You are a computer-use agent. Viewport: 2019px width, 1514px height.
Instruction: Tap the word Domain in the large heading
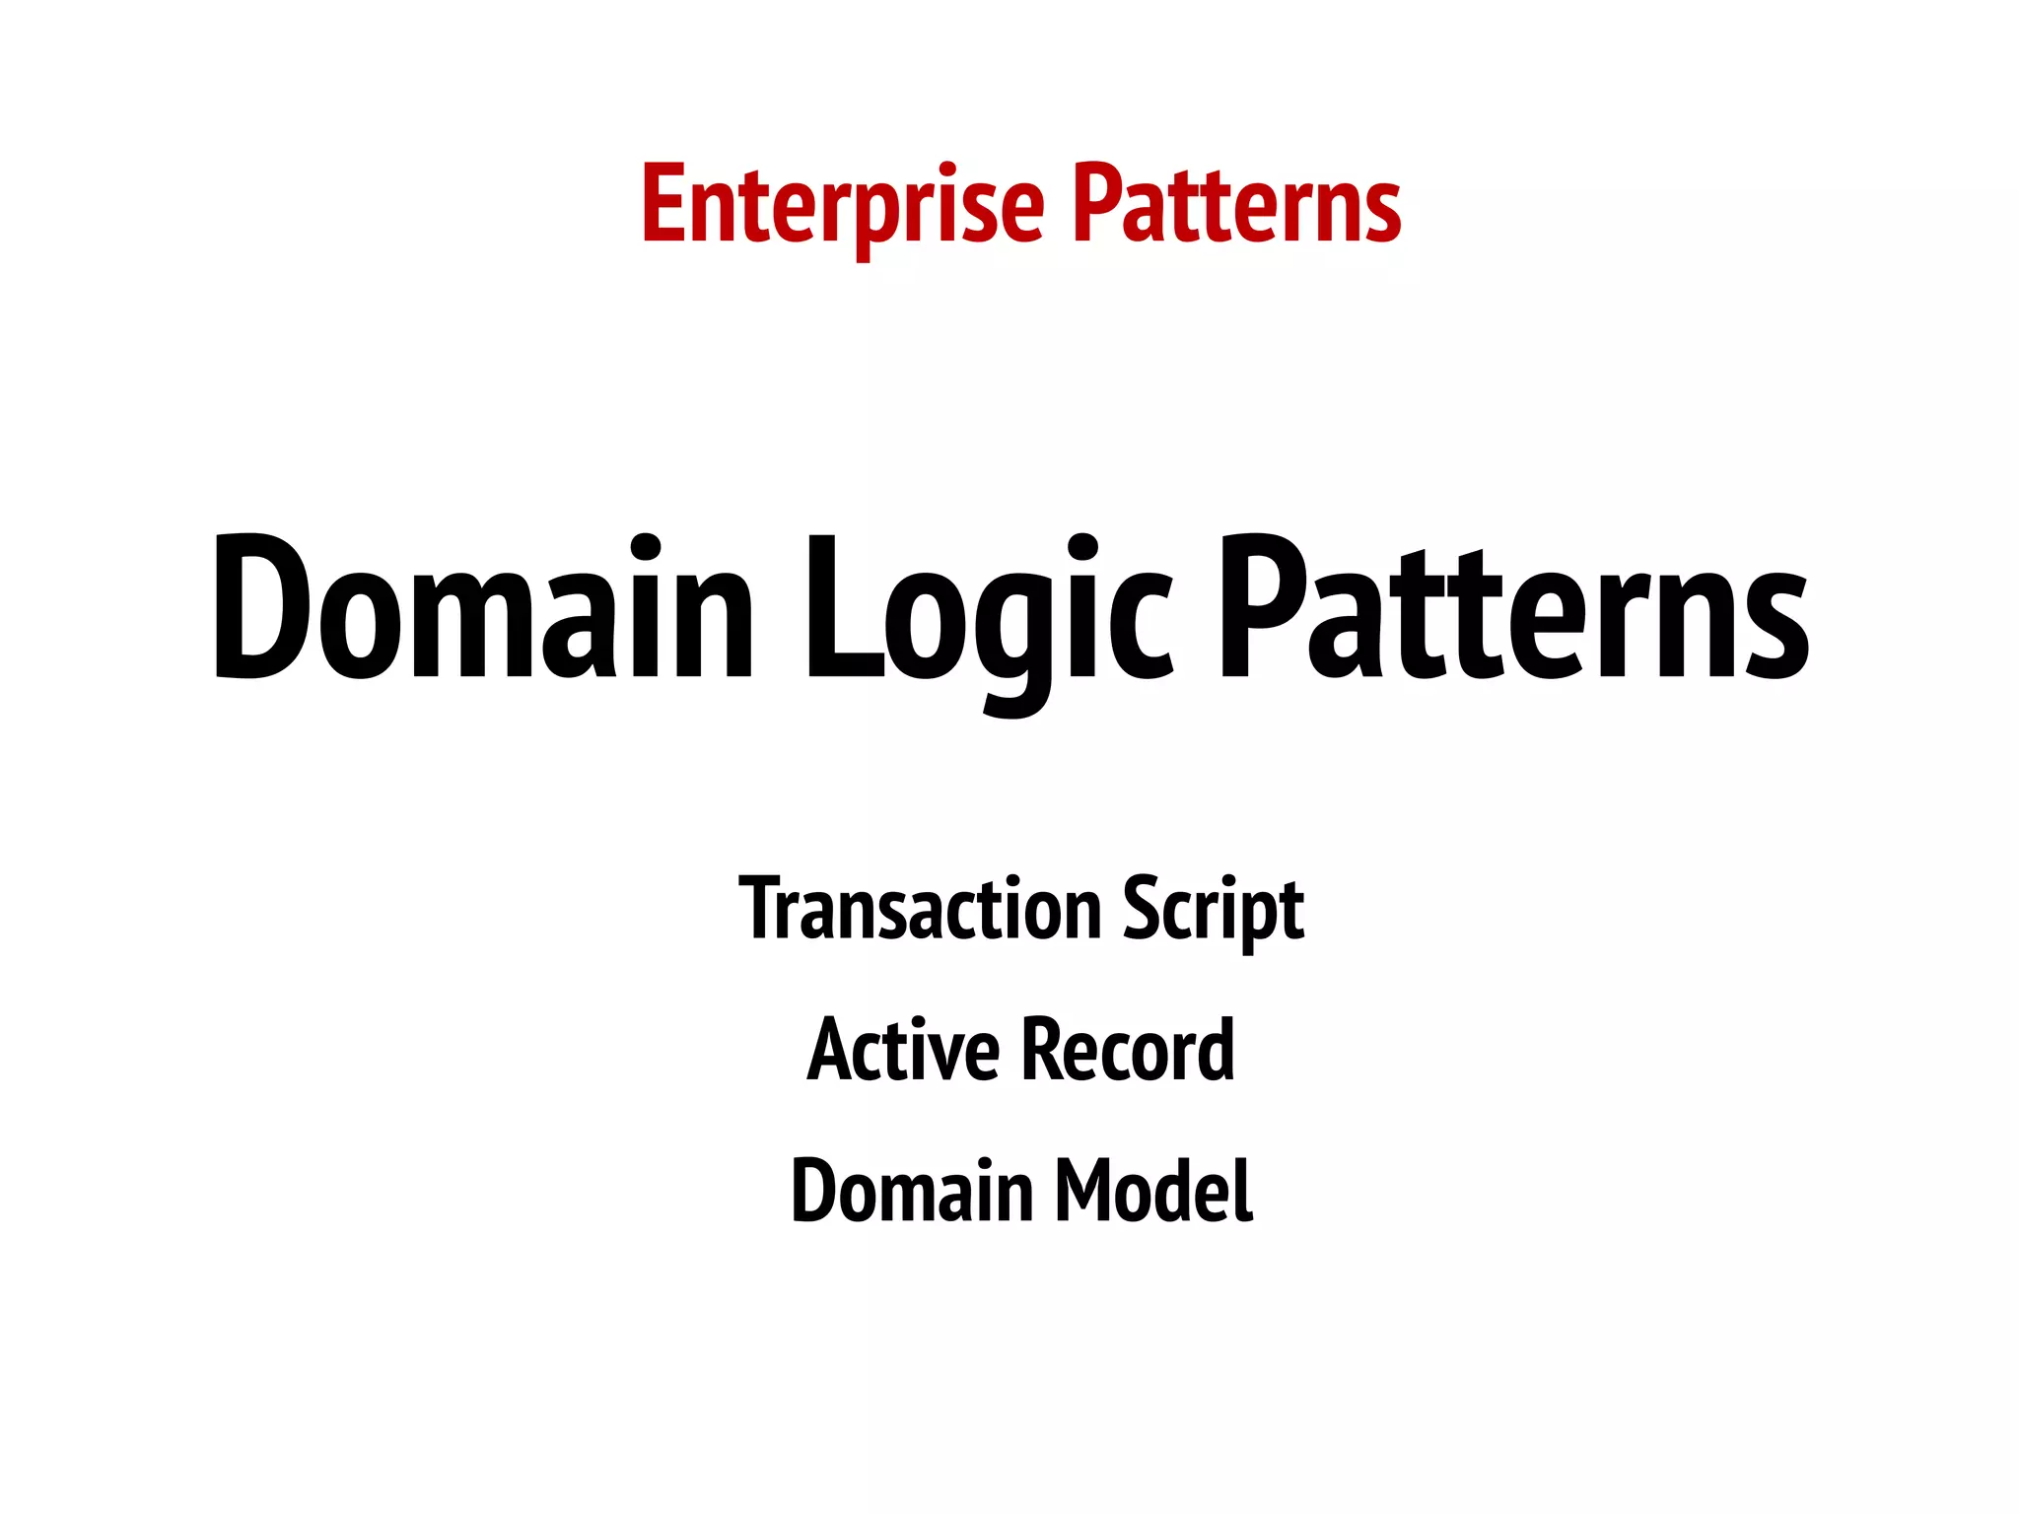pyautogui.click(x=483, y=609)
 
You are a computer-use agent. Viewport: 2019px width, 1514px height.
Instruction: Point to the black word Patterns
pyautogui.click(x=1513, y=609)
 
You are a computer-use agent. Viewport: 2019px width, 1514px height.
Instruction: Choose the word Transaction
pyautogui.click(x=920, y=909)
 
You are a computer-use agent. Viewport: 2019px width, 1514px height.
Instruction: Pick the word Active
pyautogui.click(x=903, y=1050)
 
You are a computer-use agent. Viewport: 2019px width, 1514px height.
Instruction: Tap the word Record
pyautogui.click(x=1128, y=1050)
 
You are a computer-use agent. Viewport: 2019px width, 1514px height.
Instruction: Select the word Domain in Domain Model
pyautogui.click(x=912, y=1191)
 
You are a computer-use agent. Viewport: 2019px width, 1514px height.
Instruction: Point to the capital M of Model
pyautogui.click(x=1083, y=1191)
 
